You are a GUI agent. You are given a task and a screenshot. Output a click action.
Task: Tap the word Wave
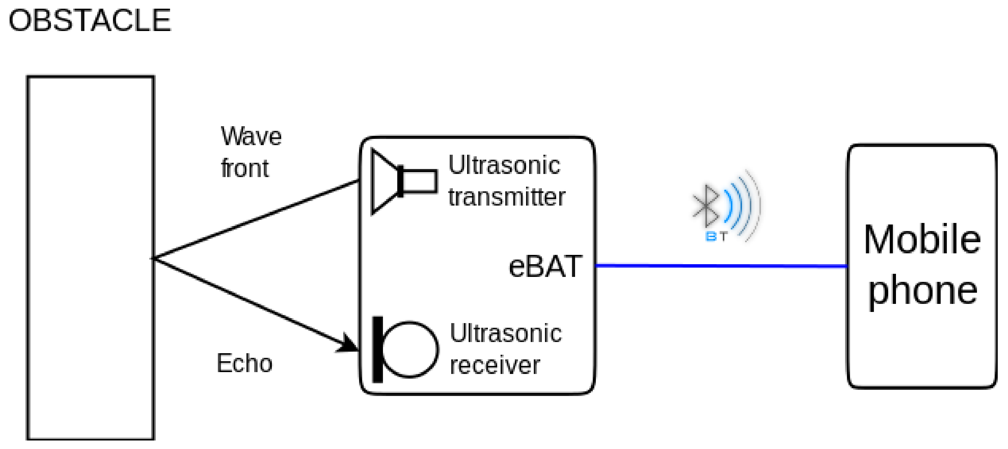[251, 136]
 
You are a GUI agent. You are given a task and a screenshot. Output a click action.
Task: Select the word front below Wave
[245, 169]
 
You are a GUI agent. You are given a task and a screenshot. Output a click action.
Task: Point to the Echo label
[244, 363]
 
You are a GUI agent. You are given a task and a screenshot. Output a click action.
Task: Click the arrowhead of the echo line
[349, 344]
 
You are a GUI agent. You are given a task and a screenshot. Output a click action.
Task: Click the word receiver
[495, 365]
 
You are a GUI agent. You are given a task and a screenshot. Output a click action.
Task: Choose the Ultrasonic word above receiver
[506, 333]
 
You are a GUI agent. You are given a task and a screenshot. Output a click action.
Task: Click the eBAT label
[545, 266]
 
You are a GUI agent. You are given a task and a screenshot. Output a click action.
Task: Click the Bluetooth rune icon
[706, 206]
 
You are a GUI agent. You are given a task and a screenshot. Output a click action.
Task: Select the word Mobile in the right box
[922, 239]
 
